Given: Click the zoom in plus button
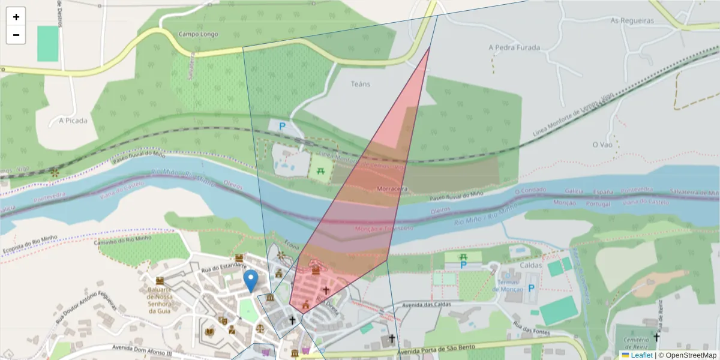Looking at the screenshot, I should coord(16,17).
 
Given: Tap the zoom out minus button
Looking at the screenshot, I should coord(16,35).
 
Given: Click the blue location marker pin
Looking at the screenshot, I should coord(251,280).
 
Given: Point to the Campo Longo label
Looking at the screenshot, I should coord(199,34).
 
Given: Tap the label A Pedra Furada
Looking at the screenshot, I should coord(514,47).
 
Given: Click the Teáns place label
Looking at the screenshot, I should coord(361,84).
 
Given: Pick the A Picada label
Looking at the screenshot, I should coord(73,120).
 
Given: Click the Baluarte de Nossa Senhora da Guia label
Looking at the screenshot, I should coord(160,300).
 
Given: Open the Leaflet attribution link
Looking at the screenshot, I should coord(641,355).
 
